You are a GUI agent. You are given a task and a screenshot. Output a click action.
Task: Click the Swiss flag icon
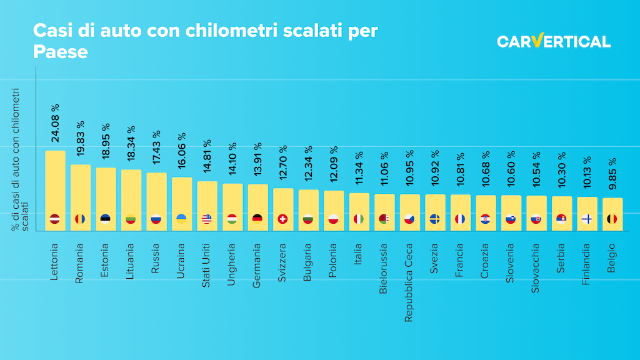pos(282,219)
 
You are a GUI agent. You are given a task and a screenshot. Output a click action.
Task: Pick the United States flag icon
pos(207,219)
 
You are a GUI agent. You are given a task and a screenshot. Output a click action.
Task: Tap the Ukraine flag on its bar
pos(181,219)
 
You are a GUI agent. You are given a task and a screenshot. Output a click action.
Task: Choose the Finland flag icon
pos(586,219)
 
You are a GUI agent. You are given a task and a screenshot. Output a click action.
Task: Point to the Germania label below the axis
pos(257,265)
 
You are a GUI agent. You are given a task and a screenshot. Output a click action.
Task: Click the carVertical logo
pos(553,41)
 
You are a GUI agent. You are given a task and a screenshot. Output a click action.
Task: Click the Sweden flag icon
pos(434,219)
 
